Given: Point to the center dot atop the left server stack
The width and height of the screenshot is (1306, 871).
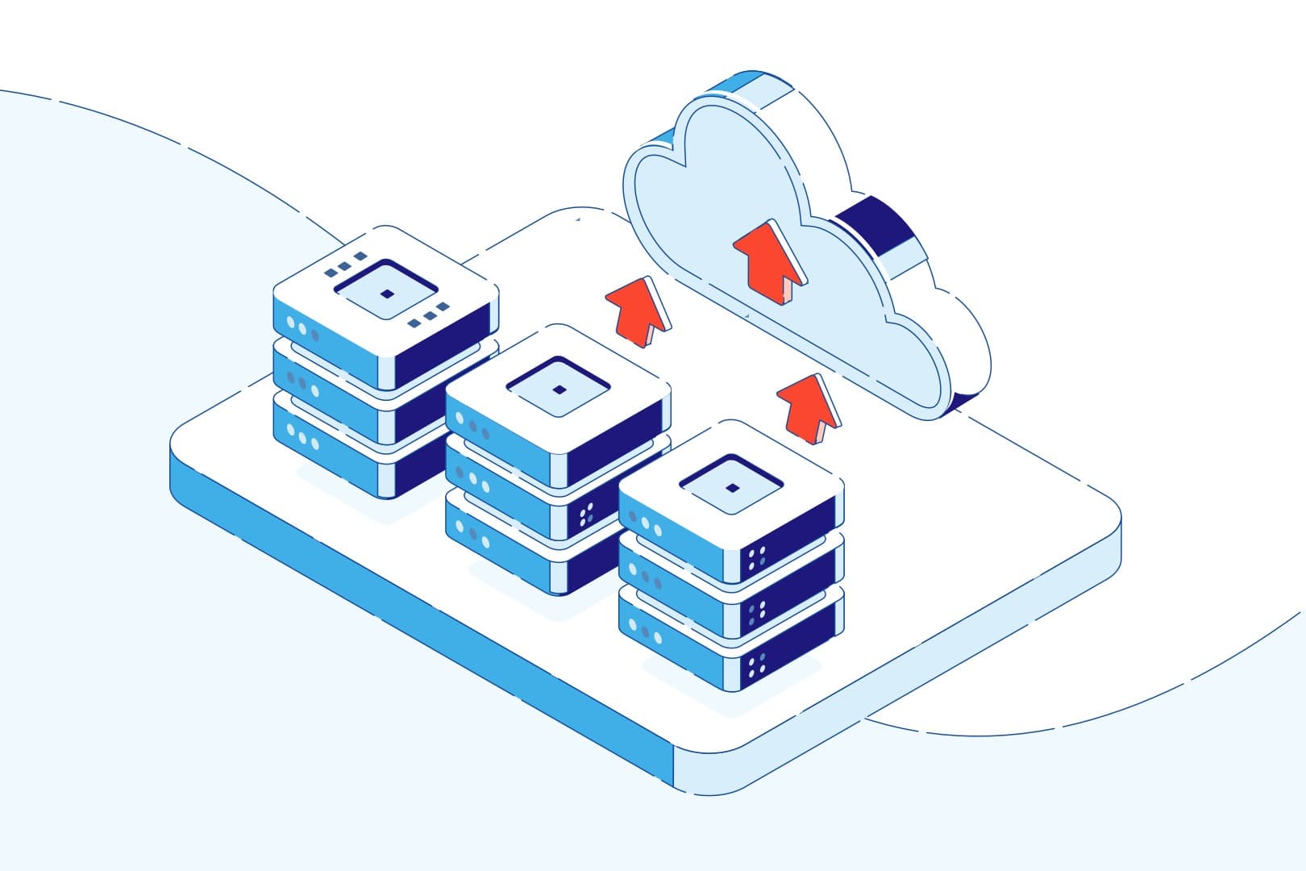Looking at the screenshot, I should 387,293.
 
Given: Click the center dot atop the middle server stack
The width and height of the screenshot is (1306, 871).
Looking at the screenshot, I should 559,390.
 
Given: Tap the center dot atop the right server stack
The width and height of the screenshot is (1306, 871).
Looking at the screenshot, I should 731,487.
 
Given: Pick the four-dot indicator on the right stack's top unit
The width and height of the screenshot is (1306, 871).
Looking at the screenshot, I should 756,560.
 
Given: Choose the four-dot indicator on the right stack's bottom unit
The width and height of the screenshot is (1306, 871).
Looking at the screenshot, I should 756,665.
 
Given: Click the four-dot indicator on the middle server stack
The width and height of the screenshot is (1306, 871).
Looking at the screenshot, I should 586,515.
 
